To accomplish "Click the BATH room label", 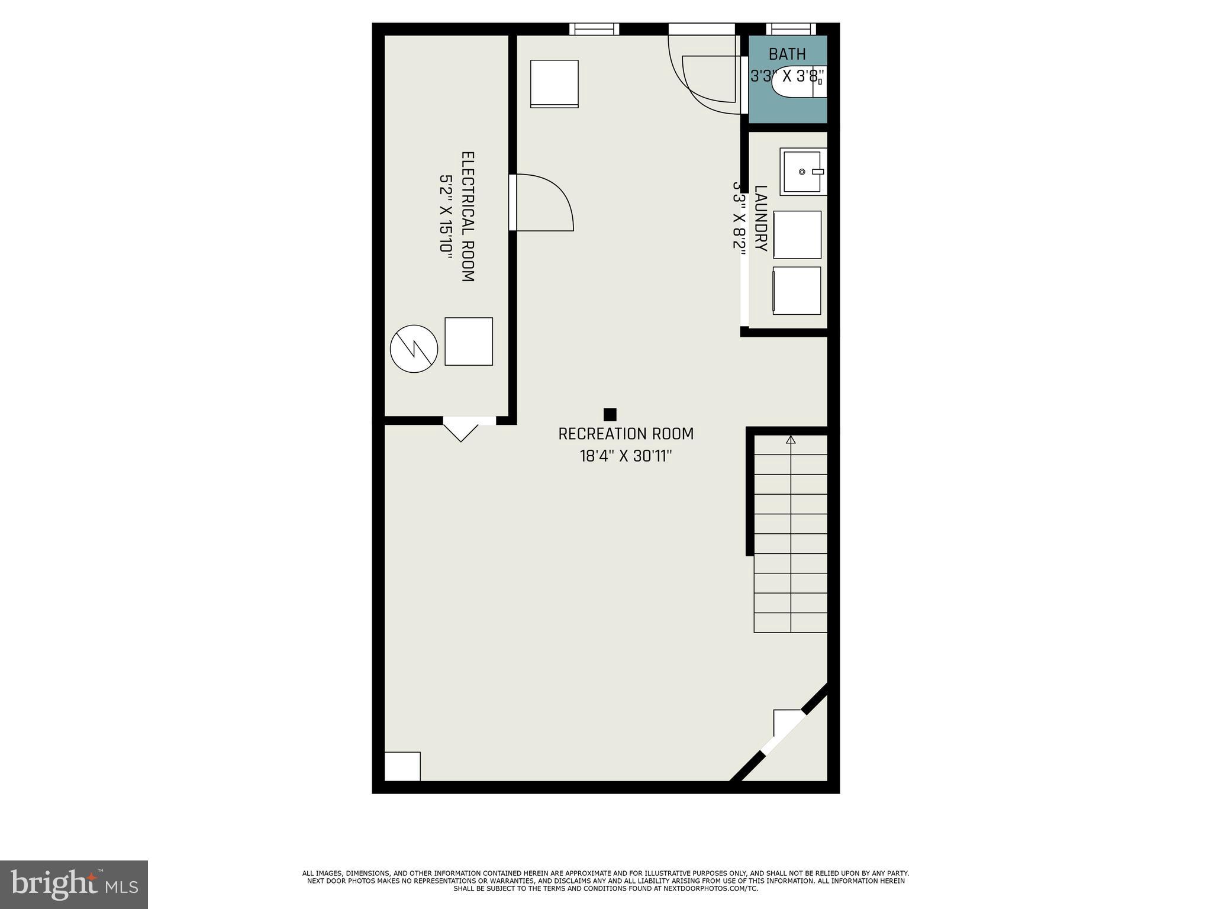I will (x=786, y=54).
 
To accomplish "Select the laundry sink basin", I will (x=802, y=172).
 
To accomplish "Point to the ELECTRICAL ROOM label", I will (x=468, y=217).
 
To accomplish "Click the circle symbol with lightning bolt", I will (x=414, y=349).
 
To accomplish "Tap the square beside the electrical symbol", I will (x=468, y=341).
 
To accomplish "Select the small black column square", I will (x=610, y=414).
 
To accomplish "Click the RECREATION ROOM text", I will (x=626, y=434).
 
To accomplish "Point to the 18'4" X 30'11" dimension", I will (x=626, y=456).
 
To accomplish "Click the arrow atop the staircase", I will (x=791, y=440).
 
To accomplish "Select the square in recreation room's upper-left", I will (x=554, y=83).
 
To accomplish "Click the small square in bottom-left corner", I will (x=402, y=766).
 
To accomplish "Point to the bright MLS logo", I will (x=74, y=884).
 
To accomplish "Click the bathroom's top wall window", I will (x=791, y=29).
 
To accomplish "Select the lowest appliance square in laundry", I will (x=797, y=291).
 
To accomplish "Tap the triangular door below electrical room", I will (x=461, y=429).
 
